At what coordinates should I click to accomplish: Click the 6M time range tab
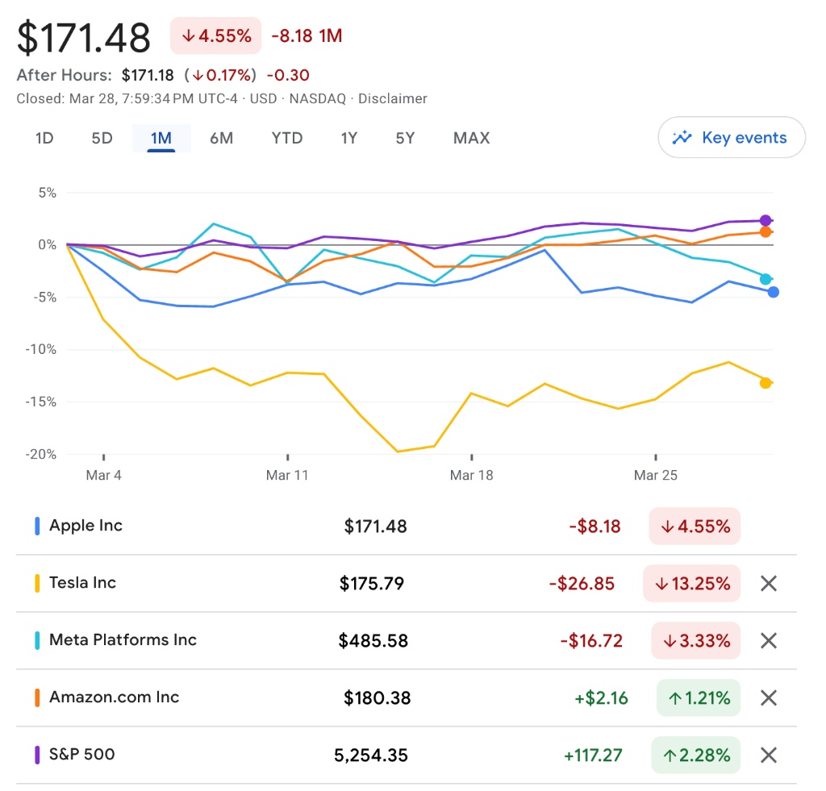(x=221, y=138)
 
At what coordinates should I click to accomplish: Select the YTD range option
(x=287, y=138)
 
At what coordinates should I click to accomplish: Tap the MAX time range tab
(x=471, y=138)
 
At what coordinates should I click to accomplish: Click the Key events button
(x=732, y=138)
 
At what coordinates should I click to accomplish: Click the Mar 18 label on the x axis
(x=472, y=475)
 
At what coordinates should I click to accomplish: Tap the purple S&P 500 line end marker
(x=766, y=221)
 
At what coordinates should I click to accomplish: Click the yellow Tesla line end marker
(x=766, y=383)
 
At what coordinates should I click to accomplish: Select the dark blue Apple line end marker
(x=773, y=292)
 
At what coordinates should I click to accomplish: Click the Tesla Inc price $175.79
(x=372, y=583)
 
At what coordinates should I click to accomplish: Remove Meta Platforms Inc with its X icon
(x=769, y=640)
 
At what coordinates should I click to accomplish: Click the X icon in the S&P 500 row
(x=769, y=755)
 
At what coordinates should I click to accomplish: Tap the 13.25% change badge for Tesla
(x=691, y=583)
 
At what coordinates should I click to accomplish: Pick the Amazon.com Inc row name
(x=114, y=697)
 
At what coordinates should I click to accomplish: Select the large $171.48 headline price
(x=84, y=38)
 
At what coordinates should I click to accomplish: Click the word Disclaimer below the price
(x=393, y=98)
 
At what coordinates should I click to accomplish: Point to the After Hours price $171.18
(x=148, y=75)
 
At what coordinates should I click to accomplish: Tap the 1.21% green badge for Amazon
(x=698, y=697)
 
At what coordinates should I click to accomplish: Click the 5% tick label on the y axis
(x=46, y=193)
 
